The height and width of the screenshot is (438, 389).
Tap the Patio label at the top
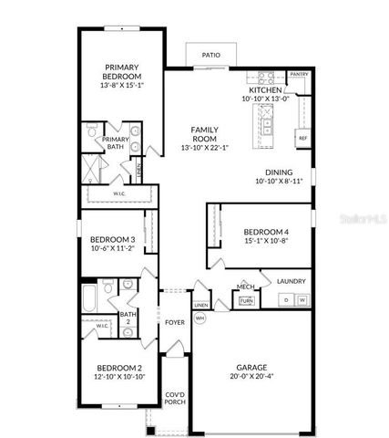click(x=210, y=55)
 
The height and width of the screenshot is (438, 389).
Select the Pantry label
click(x=299, y=73)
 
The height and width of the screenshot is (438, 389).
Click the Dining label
click(x=279, y=172)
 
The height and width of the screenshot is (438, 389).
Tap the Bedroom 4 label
click(x=265, y=233)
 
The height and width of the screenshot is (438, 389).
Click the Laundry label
click(x=292, y=282)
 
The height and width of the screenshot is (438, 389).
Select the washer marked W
click(x=300, y=299)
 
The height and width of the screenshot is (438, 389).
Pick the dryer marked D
click(x=285, y=299)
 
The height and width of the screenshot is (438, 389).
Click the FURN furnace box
click(x=245, y=301)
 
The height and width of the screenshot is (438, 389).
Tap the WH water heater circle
click(x=200, y=318)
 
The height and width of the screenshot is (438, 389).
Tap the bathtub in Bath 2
click(x=88, y=298)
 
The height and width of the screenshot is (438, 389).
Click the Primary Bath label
click(x=115, y=142)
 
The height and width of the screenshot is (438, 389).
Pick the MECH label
click(x=245, y=287)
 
